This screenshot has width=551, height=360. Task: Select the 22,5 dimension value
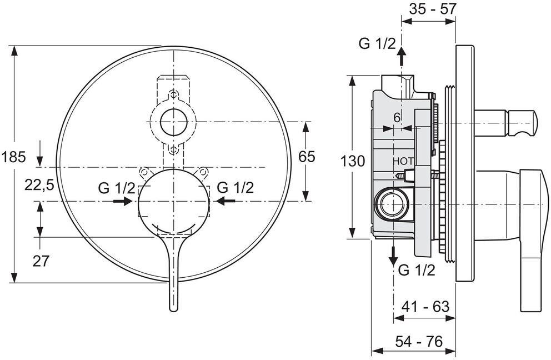pos(38,184)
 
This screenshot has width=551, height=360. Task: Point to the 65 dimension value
pos(307,157)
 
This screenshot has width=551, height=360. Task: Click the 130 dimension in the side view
pos(353,161)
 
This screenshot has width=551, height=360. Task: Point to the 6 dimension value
pos(397,118)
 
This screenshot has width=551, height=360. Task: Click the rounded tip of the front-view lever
pos(173,306)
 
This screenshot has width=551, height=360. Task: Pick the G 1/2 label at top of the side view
pos(376,43)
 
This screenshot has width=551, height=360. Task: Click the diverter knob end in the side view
pos(530,122)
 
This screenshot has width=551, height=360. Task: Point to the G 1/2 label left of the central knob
pos(116,187)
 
